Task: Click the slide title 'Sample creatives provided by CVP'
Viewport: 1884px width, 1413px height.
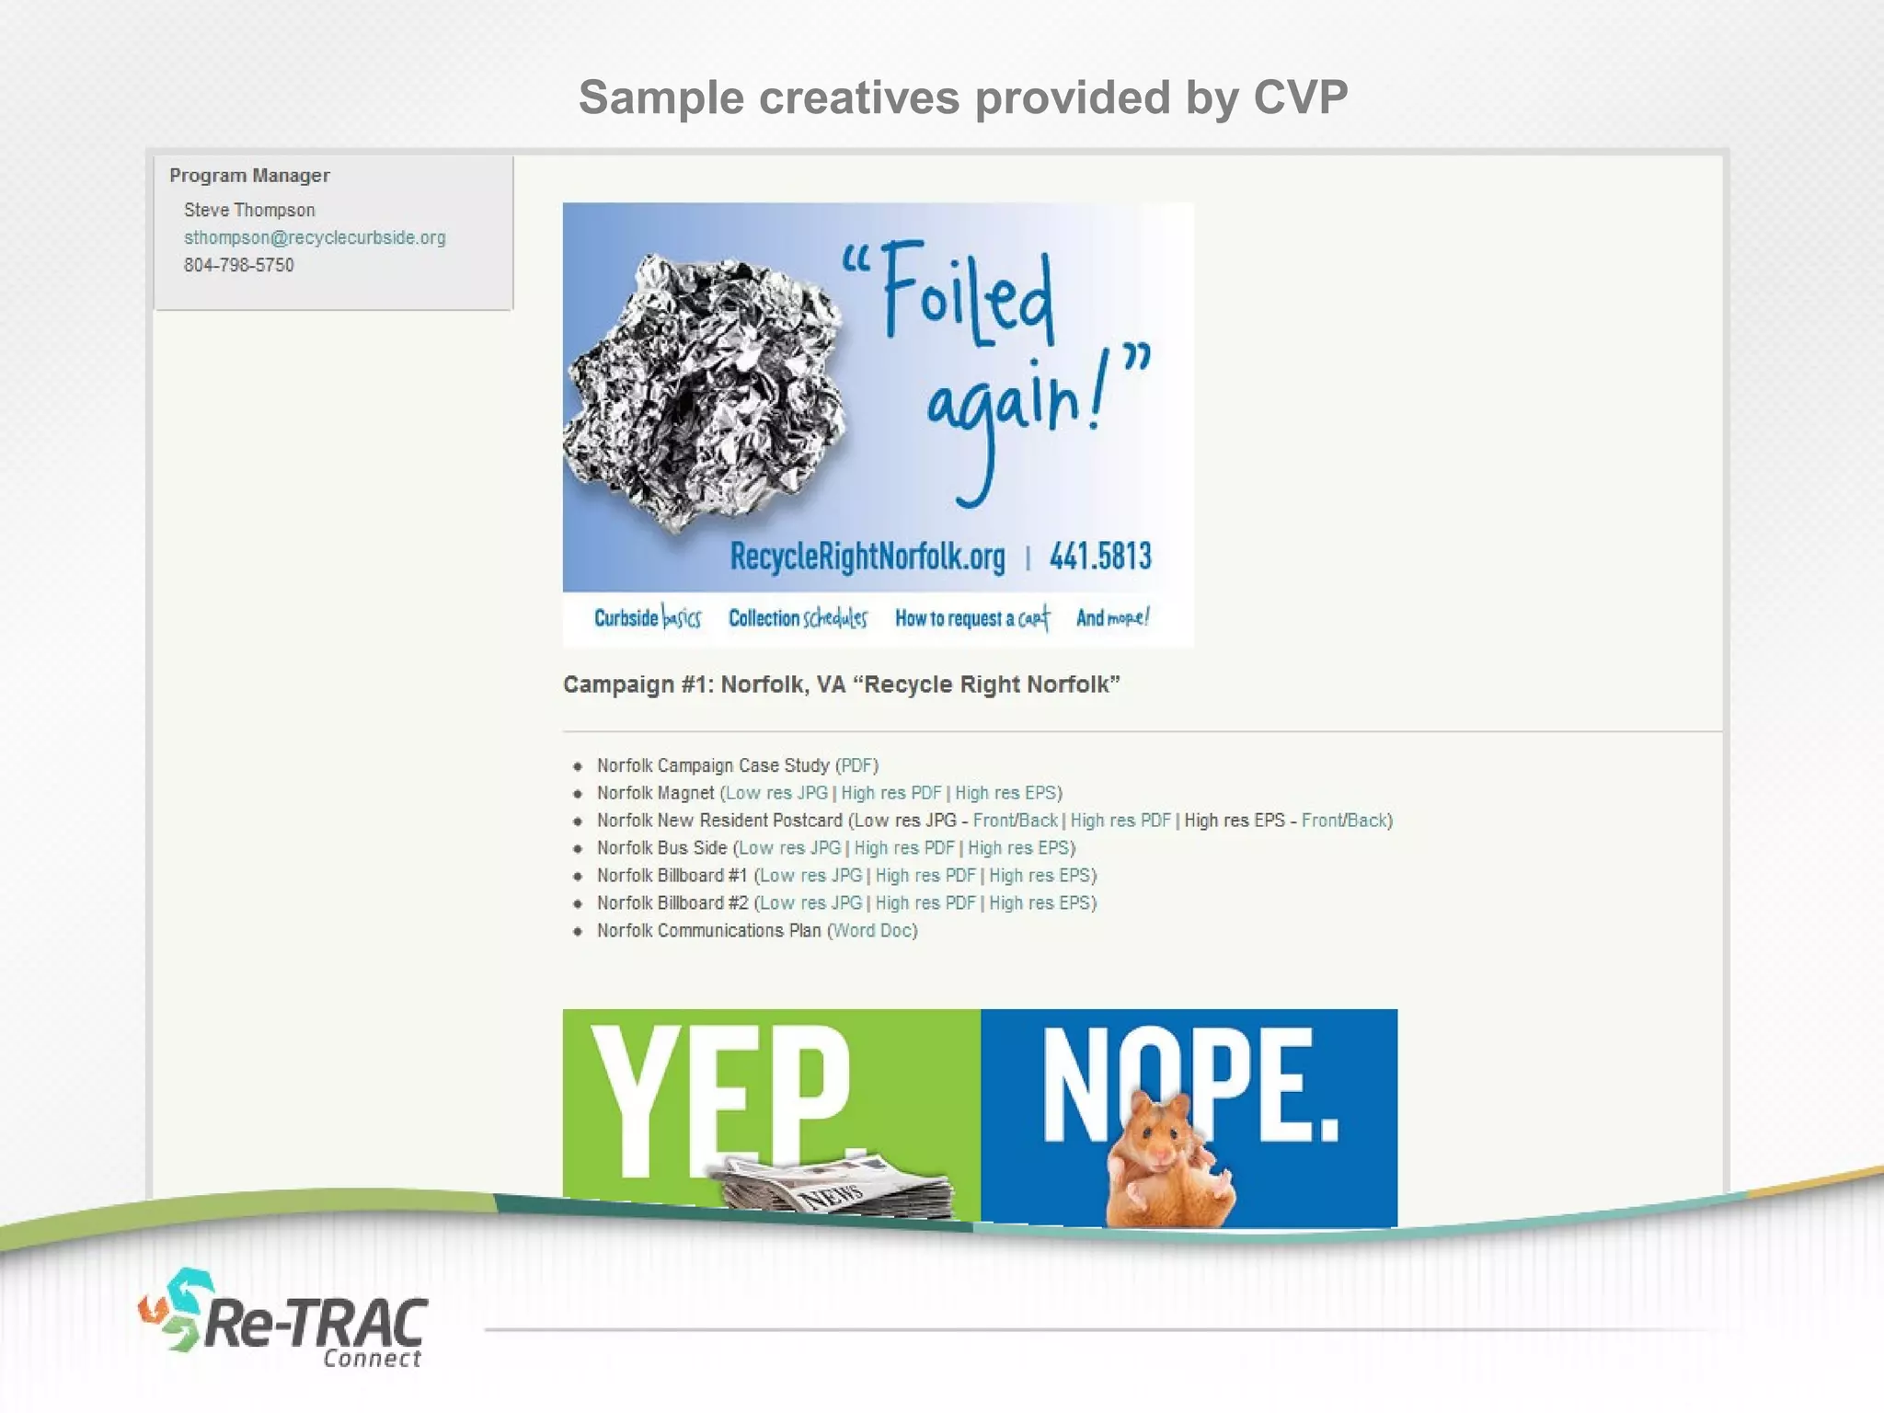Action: [962, 98]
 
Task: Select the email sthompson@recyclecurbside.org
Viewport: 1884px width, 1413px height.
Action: [315, 237]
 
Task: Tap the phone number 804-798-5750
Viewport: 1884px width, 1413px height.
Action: [238, 265]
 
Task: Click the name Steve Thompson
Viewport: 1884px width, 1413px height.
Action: [249, 210]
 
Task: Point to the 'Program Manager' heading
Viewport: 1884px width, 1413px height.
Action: [249, 175]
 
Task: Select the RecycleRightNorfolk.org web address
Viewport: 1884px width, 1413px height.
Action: [867, 557]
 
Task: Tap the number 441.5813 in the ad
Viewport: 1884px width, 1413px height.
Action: [1100, 557]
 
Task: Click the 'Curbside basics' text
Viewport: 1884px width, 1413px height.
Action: [647, 618]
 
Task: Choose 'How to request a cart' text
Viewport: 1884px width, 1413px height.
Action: [971, 618]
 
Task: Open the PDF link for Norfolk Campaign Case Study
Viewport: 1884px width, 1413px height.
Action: [856, 765]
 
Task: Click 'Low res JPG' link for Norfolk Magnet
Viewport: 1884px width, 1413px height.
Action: [776, 793]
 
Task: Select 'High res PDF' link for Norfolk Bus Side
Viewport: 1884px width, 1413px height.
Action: [904, 848]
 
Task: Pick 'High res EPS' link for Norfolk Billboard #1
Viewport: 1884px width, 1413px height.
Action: [1040, 876]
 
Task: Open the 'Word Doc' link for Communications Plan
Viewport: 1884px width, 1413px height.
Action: [872, 931]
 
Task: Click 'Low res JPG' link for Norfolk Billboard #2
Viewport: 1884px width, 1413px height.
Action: [810, 903]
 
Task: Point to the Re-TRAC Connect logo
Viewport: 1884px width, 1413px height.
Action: [285, 1321]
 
